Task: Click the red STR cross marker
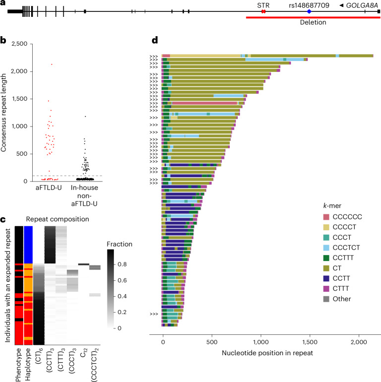pyautogui.click(x=263, y=11)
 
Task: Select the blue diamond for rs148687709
pyautogui.click(x=309, y=11)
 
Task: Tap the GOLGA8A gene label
pyautogui.click(x=362, y=5)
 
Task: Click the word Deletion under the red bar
pyautogui.click(x=313, y=22)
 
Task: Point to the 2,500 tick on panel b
pyautogui.click(x=19, y=44)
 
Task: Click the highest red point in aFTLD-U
pyautogui.click(x=52, y=64)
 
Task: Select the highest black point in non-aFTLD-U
pyautogui.click(x=85, y=117)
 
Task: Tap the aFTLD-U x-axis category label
pyautogui.click(x=49, y=188)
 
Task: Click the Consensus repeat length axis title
pyautogui.click(x=3, y=113)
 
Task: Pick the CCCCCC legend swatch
pyautogui.click(x=326, y=217)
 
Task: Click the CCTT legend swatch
pyautogui.click(x=326, y=278)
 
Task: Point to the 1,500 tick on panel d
pyautogui.click(x=310, y=342)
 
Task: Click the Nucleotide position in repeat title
pyautogui.click(x=267, y=353)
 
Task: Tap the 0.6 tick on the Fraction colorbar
pyautogui.click(x=122, y=280)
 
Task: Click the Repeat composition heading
pyautogui.click(x=57, y=219)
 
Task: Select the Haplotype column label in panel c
pyautogui.click(x=28, y=364)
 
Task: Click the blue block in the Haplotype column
pyautogui.click(x=28, y=245)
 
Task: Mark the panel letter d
pyautogui.click(x=155, y=40)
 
